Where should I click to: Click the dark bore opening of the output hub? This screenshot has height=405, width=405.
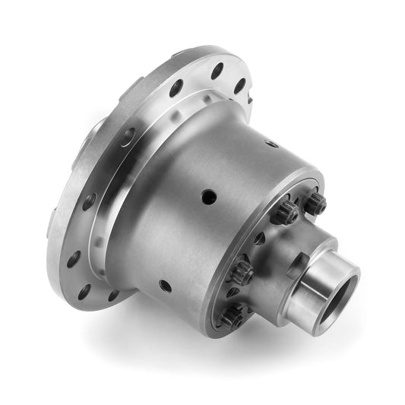pos(340,291)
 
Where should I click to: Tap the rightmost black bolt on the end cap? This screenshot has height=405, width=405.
pos(315,203)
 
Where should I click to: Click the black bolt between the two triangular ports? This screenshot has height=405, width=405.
pos(241,268)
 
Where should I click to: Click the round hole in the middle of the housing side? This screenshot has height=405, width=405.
pos(209,197)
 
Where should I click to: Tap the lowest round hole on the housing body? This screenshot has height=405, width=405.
pos(165,286)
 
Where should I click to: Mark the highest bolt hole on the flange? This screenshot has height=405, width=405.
pos(217,71)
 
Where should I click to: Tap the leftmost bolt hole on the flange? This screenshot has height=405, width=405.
pos(74,259)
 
